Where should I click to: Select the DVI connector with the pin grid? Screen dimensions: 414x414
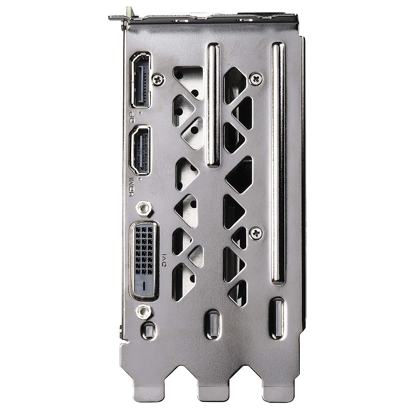[144, 260]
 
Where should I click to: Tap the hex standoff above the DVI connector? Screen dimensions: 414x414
[144, 208]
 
